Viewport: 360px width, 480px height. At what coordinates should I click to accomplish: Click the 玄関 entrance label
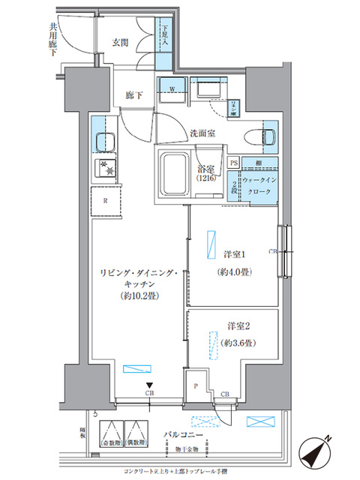coord(121,43)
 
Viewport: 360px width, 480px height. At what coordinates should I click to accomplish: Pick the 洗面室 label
coord(202,133)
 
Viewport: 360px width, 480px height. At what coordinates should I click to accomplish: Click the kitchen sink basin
coord(104,141)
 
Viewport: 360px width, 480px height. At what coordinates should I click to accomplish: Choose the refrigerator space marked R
coord(105,200)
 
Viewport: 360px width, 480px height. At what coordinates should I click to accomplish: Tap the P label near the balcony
coord(196,387)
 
